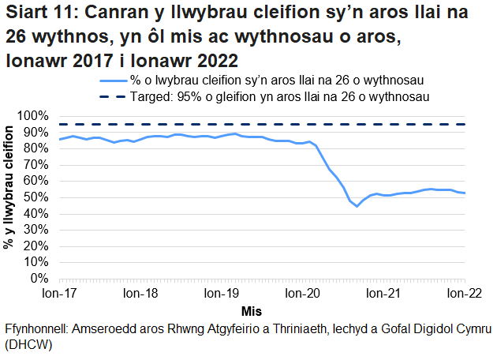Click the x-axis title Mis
252,310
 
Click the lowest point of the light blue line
357,206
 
